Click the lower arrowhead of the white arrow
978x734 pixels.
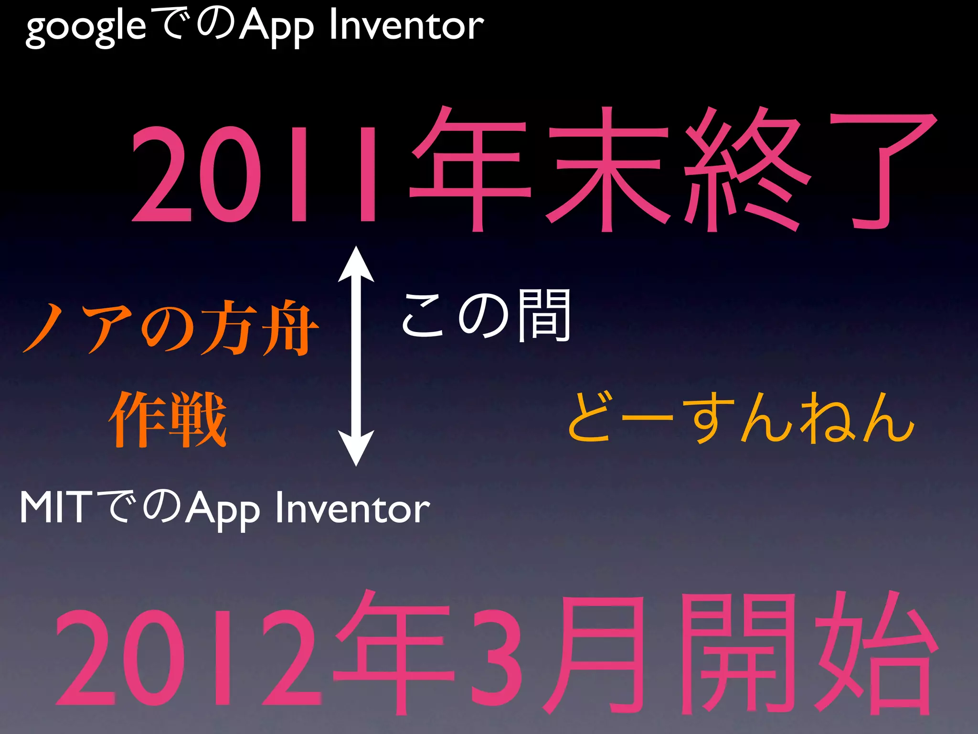(356, 447)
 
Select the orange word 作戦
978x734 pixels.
(168, 419)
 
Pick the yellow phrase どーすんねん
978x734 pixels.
(740, 417)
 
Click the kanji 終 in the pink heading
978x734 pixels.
(747, 170)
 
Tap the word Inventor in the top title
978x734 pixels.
(406, 26)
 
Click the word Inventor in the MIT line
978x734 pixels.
(352, 508)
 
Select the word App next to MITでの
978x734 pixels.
(222, 509)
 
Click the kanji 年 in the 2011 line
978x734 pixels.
(470, 170)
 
